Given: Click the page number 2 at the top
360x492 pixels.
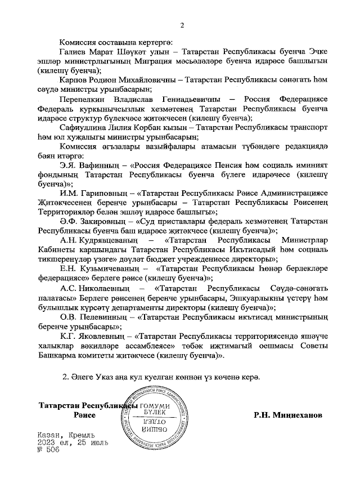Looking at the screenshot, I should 182,24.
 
